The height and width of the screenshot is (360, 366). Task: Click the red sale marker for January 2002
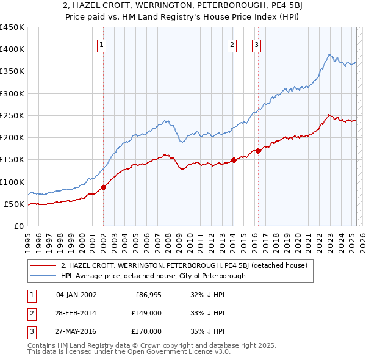click(103, 187)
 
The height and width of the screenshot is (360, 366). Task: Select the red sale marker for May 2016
click(258, 151)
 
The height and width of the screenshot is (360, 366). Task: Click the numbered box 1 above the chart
click(101, 44)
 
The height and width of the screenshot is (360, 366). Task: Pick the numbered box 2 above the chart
click(232, 44)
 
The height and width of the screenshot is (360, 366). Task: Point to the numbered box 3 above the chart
click(256, 44)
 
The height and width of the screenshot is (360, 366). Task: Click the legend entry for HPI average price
click(152, 276)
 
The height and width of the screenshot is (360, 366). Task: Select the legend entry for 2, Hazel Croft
click(187, 265)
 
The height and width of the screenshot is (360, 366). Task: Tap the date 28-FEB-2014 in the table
click(76, 313)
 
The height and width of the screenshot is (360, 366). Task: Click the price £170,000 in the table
click(146, 331)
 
